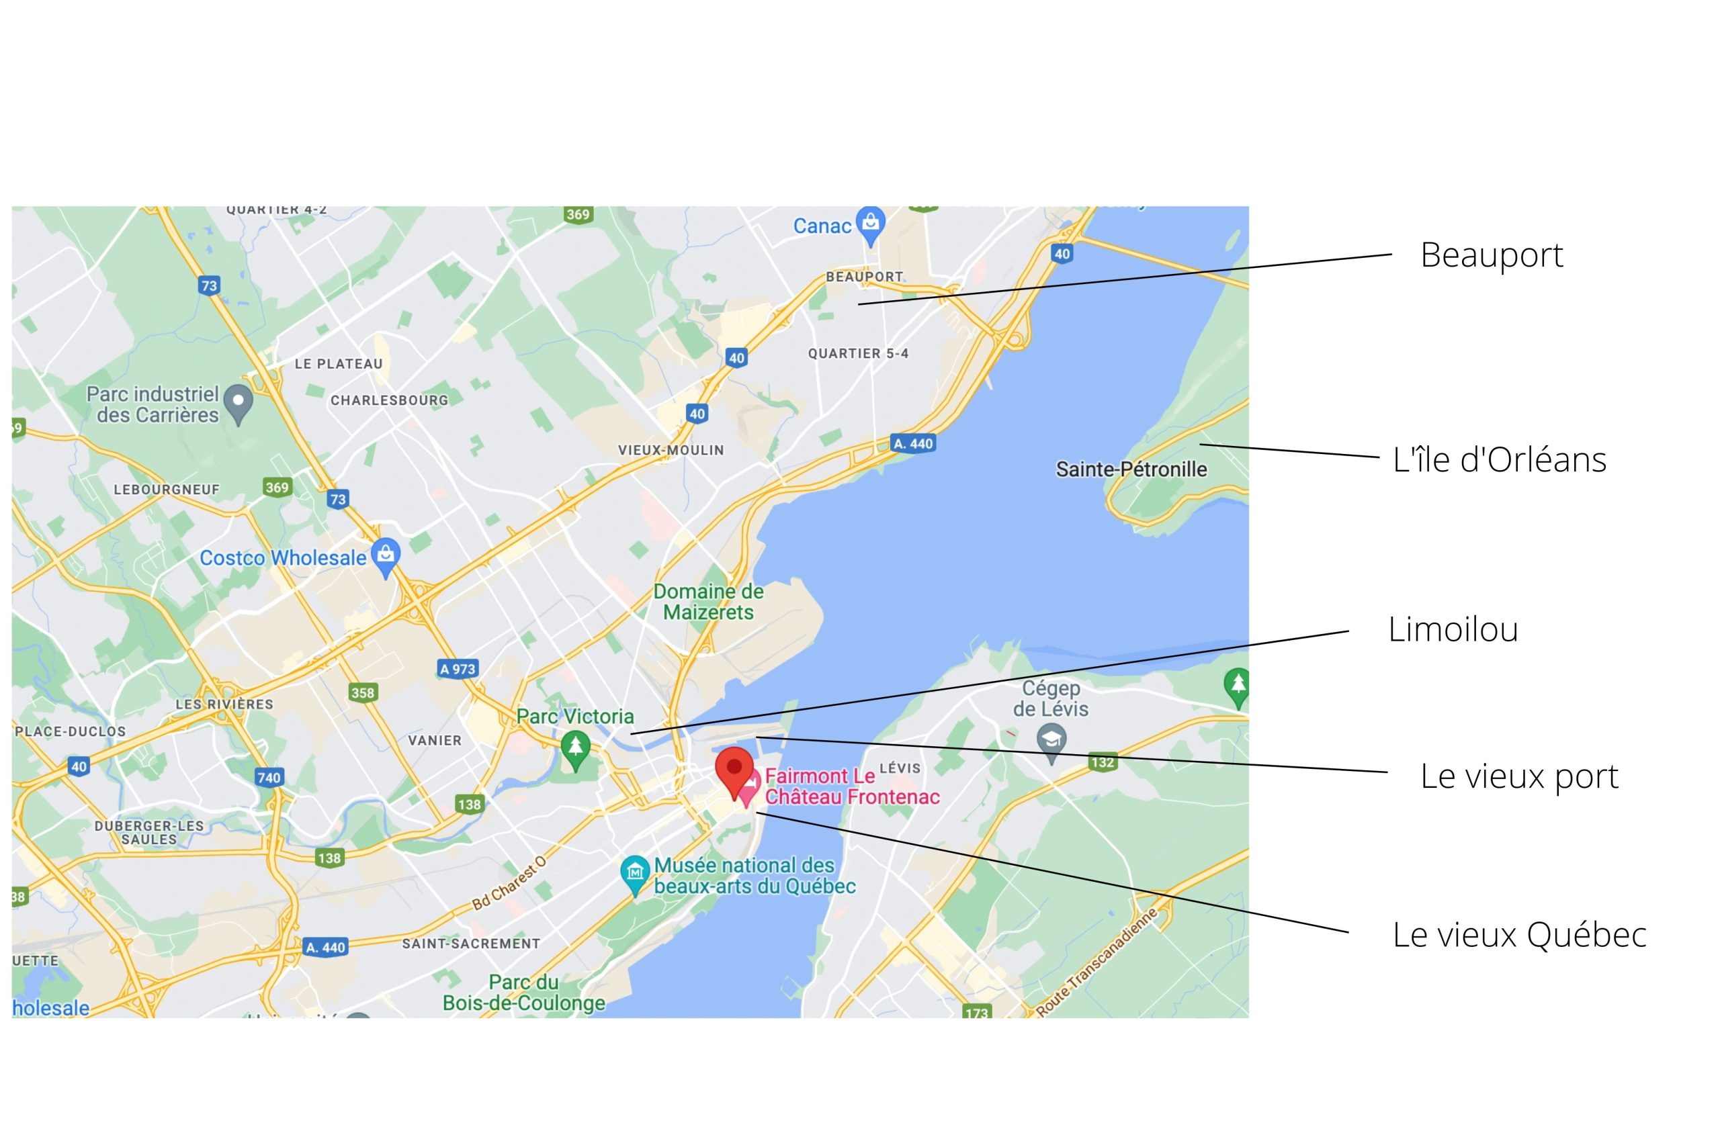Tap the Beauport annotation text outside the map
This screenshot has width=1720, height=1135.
tap(1491, 255)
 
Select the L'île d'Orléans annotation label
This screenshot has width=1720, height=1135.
tap(1499, 459)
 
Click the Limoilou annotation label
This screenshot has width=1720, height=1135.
tap(1453, 629)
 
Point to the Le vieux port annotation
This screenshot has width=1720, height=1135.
tap(1518, 776)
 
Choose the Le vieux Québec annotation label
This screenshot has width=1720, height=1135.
tap(1519, 934)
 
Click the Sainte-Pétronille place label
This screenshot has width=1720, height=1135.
tap(1131, 469)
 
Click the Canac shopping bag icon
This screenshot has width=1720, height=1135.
tap(870, 222)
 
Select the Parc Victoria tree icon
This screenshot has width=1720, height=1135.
tap(576, 747)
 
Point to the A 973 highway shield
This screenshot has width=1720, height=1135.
tap(458, 669)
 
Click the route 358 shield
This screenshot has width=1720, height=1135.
tap(363, 692)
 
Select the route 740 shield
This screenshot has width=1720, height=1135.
tap(269, 778)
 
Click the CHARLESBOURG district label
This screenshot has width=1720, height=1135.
tap(390, 400)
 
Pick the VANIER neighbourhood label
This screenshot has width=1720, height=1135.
tap(435, 741)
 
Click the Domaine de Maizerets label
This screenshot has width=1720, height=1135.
tap(708, 602)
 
